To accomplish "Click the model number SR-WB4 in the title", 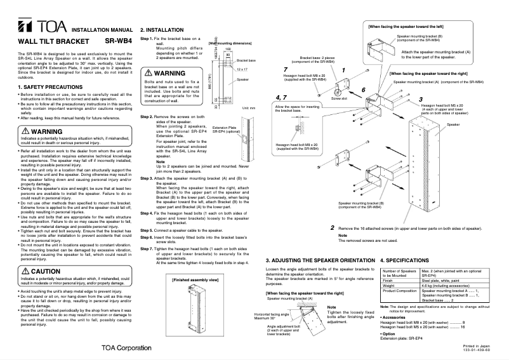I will click(x=117, y=41).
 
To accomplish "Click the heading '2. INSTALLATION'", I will click(x=162, y=29).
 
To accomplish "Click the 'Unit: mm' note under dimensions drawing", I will click(x=248, y=108).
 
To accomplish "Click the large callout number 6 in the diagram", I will click(x=364, y=90).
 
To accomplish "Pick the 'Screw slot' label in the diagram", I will click(x=339, y=99).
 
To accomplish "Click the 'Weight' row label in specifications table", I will click(x=389, y=286).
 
